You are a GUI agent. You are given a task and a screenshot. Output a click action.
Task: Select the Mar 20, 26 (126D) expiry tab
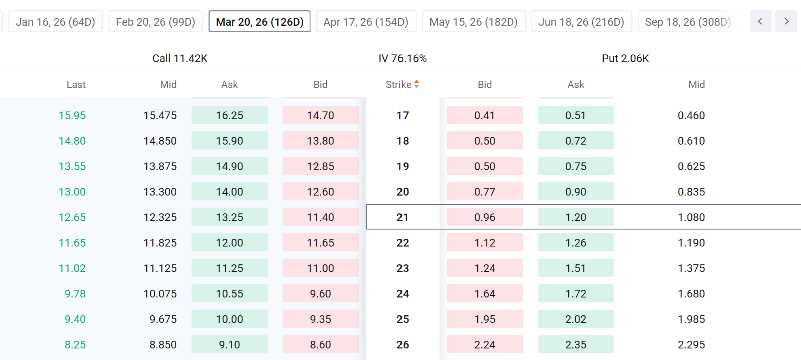(x=260, y=22)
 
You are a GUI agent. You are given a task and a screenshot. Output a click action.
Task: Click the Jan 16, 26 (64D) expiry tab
(x=56, y=22)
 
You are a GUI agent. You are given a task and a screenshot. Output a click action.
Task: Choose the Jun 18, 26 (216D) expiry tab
(x=581, y=22)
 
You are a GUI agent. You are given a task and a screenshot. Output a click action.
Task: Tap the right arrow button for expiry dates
(x=786, y=22)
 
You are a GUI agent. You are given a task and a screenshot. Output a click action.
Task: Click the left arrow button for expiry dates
(x=760, y=22)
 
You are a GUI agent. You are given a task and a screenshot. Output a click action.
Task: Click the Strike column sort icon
(x=416, y=84)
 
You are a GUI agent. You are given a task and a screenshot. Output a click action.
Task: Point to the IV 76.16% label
(x=403, y=58)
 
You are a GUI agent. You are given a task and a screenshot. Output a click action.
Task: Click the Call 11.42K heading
(x=180, y=58)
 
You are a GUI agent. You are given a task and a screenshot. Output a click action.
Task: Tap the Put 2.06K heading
(x=625, y=58)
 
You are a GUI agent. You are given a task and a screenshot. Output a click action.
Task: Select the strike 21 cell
(x=403, y=217)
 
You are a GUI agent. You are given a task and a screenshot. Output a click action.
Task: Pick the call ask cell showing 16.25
(x=230, y=115)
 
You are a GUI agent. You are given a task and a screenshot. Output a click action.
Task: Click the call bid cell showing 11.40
(x=321, y=217)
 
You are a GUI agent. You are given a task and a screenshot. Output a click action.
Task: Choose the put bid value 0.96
(x=485, y=217)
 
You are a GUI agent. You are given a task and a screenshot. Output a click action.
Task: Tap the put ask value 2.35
(x=576, y=345)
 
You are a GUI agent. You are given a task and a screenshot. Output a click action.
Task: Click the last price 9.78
(x=75, y=294)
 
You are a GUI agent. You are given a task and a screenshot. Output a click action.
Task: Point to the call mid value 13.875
(x=160, y=166)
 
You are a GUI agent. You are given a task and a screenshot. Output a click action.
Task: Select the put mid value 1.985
(x=691, y=319)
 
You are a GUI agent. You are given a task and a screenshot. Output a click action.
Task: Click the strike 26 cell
(x=403, y=345)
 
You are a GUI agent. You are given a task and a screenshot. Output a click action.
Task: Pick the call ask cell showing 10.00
(x=230, y=319)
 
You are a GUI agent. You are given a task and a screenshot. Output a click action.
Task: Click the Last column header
(x=76, y=85)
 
